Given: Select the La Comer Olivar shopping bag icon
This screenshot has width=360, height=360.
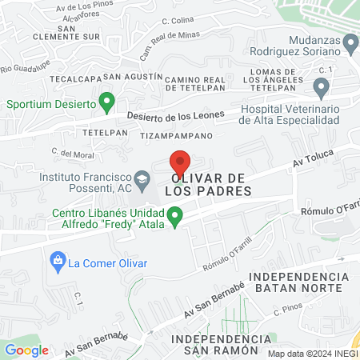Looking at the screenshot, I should (x=57, y=261).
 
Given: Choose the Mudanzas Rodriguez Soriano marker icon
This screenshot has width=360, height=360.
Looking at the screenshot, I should (x=350, y=42).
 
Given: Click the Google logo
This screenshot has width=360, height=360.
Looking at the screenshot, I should (x=26, y=350).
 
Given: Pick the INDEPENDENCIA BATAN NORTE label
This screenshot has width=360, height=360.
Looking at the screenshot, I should (x=298, y=282).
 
